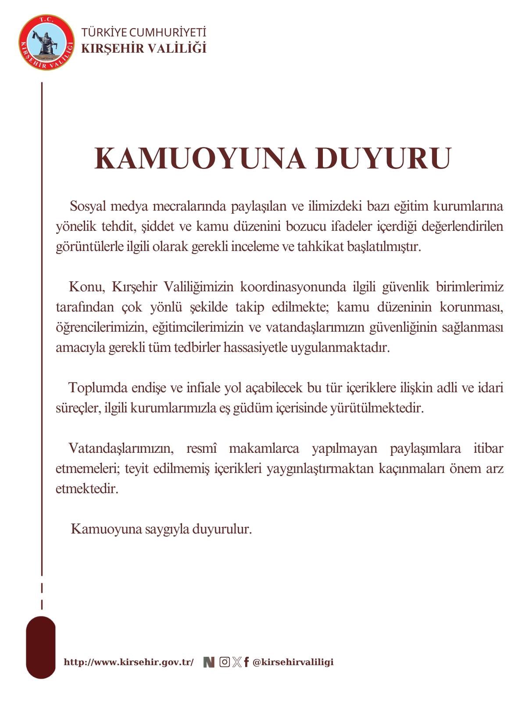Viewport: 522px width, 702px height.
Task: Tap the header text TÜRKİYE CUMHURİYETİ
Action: (x=143, y=32)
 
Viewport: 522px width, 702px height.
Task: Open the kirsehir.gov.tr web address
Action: (x=129, y=662)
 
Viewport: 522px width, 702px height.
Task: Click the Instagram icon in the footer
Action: (x=224, y=662)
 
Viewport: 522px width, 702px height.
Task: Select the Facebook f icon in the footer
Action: (x=247, y=662)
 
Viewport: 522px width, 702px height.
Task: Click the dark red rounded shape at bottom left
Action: (x=41, y=647)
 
